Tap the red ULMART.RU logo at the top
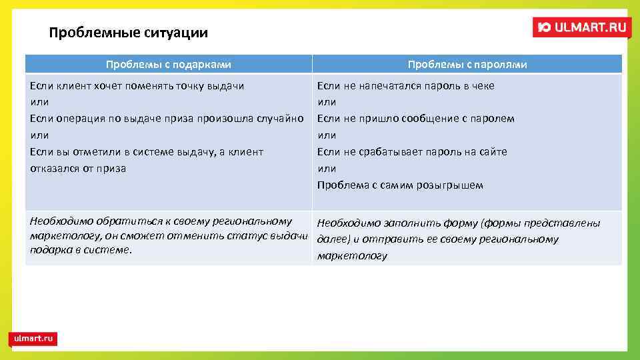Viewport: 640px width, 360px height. point(581,27)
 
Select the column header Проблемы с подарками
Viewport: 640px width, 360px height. point(169,65)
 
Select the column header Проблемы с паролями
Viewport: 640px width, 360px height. point(467,65)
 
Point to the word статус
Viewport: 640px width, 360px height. point(251,236)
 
